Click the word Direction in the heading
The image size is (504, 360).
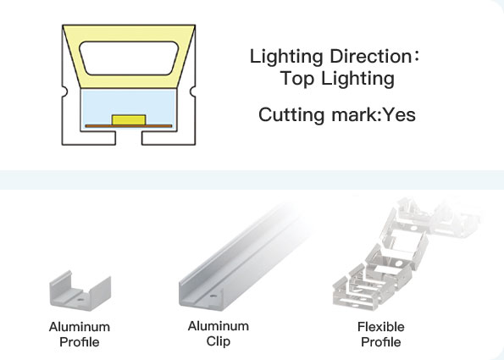pyautogui.click(x=370, y=56)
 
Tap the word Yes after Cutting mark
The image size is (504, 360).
pyautogui.click(x=399, y=114)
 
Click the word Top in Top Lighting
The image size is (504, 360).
pyautogui.click(x=296, y=79)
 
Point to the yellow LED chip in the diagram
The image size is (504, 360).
pyautogui.click(x=129, y=120)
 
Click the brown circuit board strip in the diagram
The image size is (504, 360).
pyautogui.click(x=129, y=126)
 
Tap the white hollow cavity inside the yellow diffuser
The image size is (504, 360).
pyautogui.click(x=129, y=58)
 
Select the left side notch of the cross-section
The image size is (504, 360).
pyautogui.click(x=64, y=91)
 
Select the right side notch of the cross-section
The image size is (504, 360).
pyautogui.click(x=193, y=91)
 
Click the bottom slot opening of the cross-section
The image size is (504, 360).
pyautogui.click(x=129, y=138)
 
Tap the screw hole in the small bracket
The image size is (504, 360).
pyautogui.click(x=80, y=300)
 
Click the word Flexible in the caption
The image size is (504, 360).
pyautogui.click(x=381, y=327)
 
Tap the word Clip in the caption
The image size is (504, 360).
pyautogui.click(x=219, y=341)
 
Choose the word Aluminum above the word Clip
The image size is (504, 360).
pyautogui.click(x=219, y=326)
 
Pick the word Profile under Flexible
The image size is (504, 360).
pyautogui.click(x=381, y=342)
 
